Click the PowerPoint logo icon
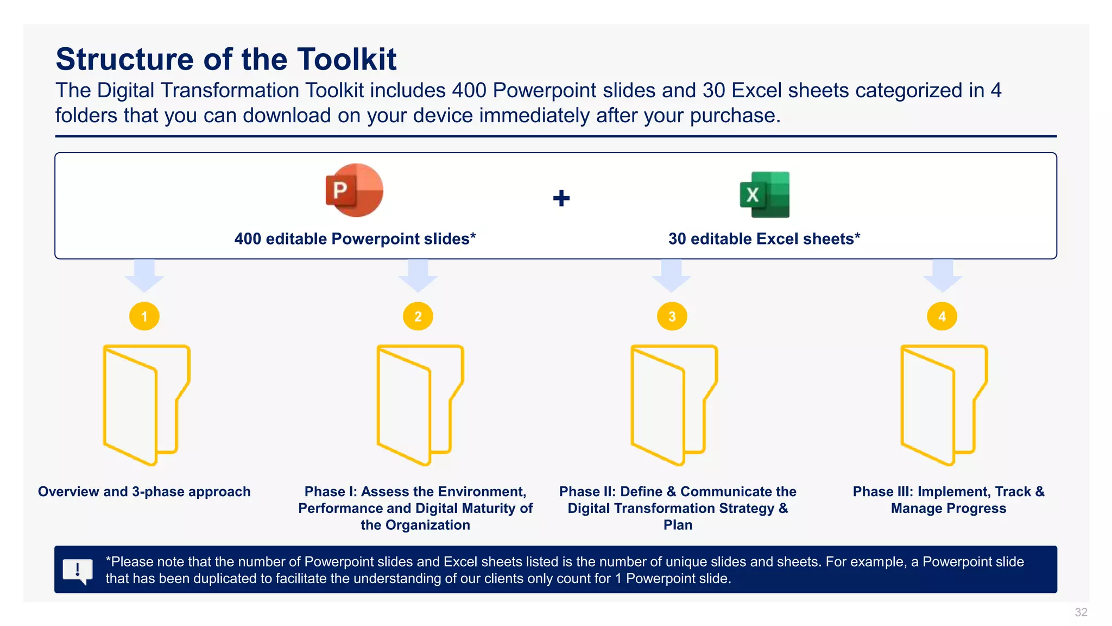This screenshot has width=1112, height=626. pyautogui.click(x=354, y=190)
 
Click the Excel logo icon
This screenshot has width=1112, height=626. pyautogui.click(x=764, y=195)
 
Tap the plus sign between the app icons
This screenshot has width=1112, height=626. pyautogui.click(x=561, y=198)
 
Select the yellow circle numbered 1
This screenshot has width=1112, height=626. pyautogui.click(x=144, y=316)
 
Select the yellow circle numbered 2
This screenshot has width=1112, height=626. pyautogui.click(x=418, y=316)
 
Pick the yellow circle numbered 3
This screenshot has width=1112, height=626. pyautogui.click(x=672, y=316)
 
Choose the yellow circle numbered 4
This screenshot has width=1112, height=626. pyautogui.click(x=942, y=316)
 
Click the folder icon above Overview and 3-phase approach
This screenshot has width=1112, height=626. pyautogui.click(x=146, y=405)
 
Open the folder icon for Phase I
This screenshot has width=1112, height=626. pyautogui.click(x=420, y=405)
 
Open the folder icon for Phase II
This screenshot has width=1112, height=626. pyautogui.click(x=674, y=405)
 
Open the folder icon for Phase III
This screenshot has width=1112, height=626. pyautogui.click(x=944, y=405)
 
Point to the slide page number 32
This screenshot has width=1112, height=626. pyautogui.click(x=1081, y=612)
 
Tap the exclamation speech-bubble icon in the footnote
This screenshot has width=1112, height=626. pyautogui.click(x=78, y=571)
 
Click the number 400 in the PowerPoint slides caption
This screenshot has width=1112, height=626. pyautogui.click(x=248, y=239)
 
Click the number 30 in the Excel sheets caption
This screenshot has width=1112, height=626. pyautogui.click(x=677, y=239)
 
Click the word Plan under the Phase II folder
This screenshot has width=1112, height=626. pyautogui.click(x=678, y=525)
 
